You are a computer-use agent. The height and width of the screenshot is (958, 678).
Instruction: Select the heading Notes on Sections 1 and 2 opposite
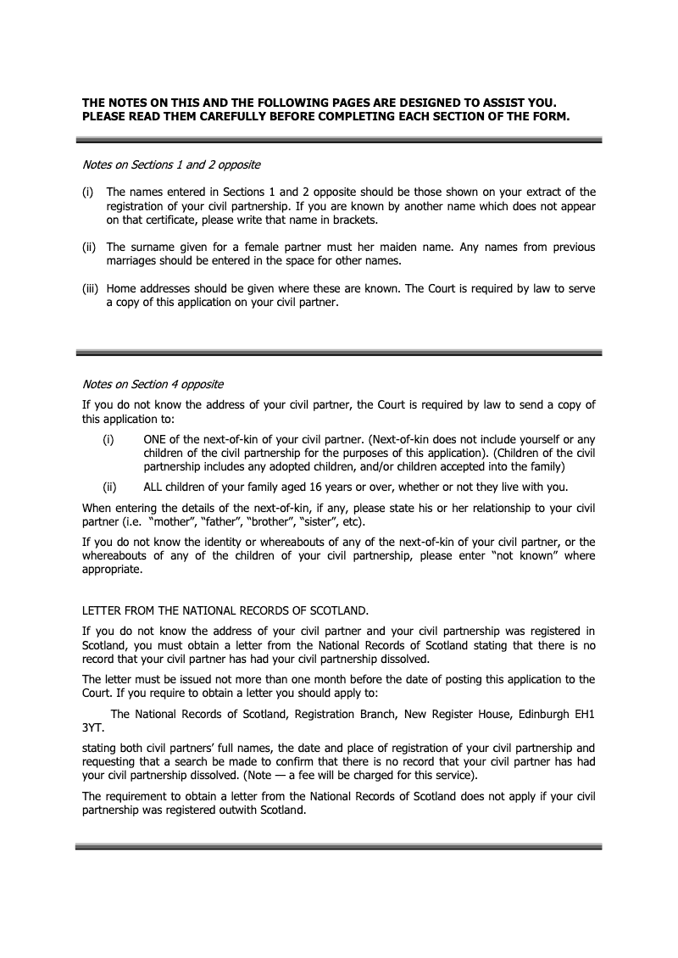pos(170,164)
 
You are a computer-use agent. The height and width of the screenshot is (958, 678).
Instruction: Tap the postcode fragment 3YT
pos(92,727)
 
